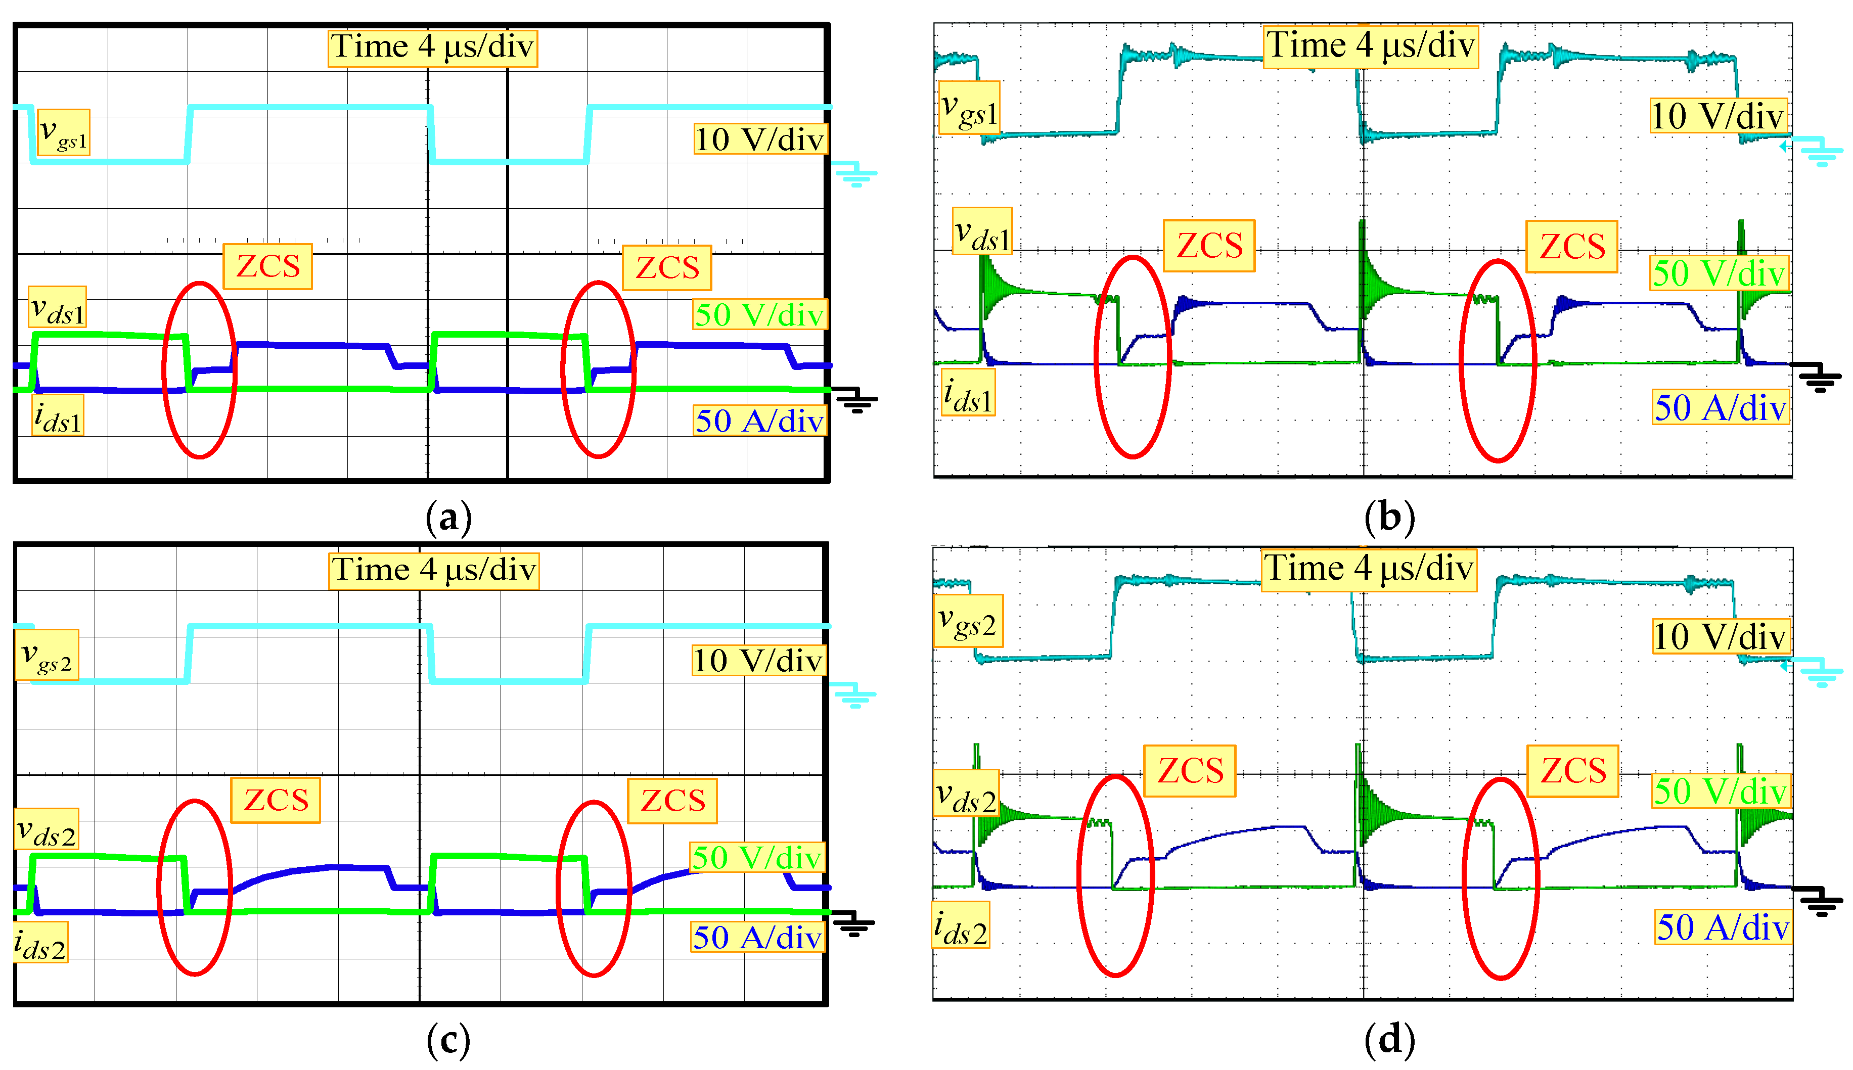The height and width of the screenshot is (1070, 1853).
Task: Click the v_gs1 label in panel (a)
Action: tap(63, 132)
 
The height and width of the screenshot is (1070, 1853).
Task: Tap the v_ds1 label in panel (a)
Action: tap(57, 307)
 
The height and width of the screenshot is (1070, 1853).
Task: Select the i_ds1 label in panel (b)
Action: tap(968, 394)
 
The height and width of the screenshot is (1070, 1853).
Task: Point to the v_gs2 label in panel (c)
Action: tap(47, 655)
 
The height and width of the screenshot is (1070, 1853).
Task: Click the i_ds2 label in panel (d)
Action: tap(961, 925)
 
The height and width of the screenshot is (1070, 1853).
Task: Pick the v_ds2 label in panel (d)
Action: tap(966, 793)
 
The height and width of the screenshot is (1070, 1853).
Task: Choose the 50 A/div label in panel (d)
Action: tap(1722, 926)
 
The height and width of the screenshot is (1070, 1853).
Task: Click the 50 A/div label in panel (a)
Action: tap(759, 421)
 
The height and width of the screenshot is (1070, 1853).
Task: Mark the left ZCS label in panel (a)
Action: tap(267, 266)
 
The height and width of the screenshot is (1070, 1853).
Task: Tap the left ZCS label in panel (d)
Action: tap(1189, 771)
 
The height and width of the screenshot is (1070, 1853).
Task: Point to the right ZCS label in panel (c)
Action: tap(672, 800)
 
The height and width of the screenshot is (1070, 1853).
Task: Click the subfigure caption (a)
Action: tap(448, 518)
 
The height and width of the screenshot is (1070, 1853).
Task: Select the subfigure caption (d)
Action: tap(1388, 1039)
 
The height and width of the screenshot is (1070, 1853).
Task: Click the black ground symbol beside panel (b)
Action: tap(1819, 379)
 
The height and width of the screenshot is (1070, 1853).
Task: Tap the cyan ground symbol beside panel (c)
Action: tap(853, 694)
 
